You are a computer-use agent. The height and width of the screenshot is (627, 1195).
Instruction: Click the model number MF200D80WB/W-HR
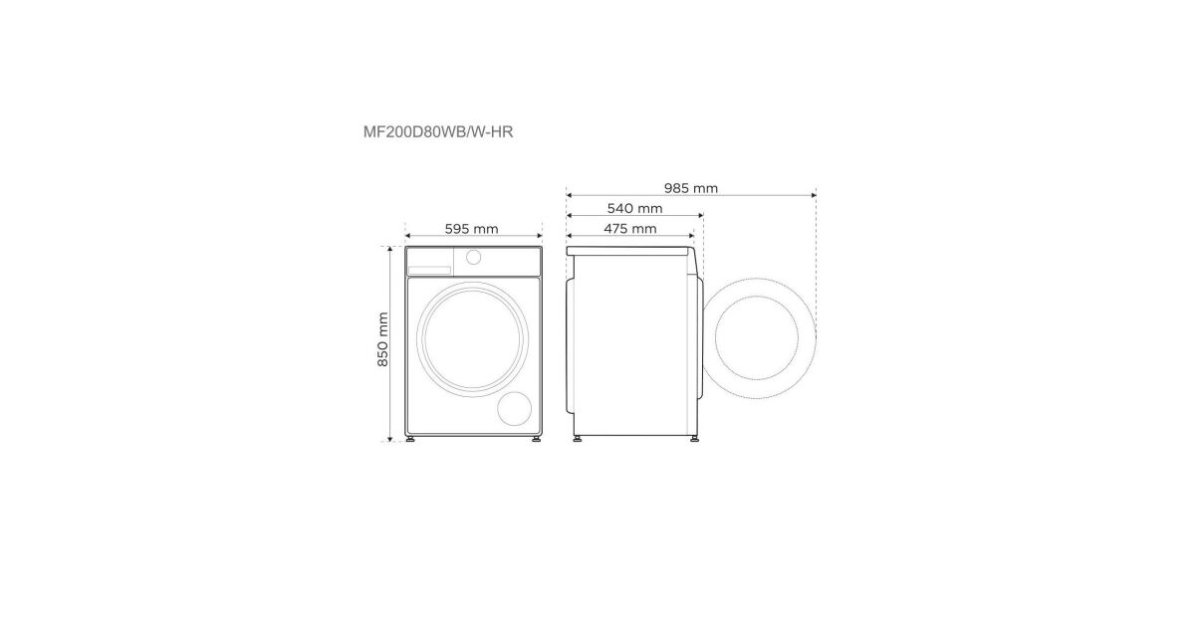click(438, 131)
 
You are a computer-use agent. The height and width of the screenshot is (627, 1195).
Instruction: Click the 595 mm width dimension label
click(472, 229)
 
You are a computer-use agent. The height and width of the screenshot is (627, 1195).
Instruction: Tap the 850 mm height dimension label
click(382, 339)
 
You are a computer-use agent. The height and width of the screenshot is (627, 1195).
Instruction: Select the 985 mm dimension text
click(691, 188)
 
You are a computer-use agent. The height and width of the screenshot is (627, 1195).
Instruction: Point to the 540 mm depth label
click(635, 208)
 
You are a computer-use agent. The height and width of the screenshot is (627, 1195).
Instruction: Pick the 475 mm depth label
click(630, 229)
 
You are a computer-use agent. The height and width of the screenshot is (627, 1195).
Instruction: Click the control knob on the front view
click(473, 257)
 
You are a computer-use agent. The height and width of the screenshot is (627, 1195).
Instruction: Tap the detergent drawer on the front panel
click(429, 271)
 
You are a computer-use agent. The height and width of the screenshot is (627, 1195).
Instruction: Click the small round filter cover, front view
click(514, 409)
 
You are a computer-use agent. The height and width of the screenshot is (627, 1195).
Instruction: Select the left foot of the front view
click(410, 439)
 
